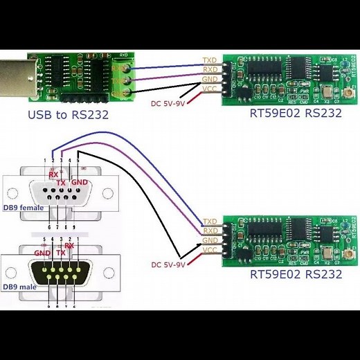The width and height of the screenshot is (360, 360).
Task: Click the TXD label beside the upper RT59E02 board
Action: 210,61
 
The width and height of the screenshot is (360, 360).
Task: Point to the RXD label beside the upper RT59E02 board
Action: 210,70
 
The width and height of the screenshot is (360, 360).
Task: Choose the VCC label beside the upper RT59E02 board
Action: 210,89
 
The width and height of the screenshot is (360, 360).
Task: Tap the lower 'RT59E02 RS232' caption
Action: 296,274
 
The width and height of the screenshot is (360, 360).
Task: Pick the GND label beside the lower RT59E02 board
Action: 210,240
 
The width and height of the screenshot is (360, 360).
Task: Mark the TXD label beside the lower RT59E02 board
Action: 210,221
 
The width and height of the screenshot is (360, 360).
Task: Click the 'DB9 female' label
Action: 24,208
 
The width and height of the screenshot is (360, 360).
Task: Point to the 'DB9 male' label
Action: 21,287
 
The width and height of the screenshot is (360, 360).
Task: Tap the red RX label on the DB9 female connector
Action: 53,174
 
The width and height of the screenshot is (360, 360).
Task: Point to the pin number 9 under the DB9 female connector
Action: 74,226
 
